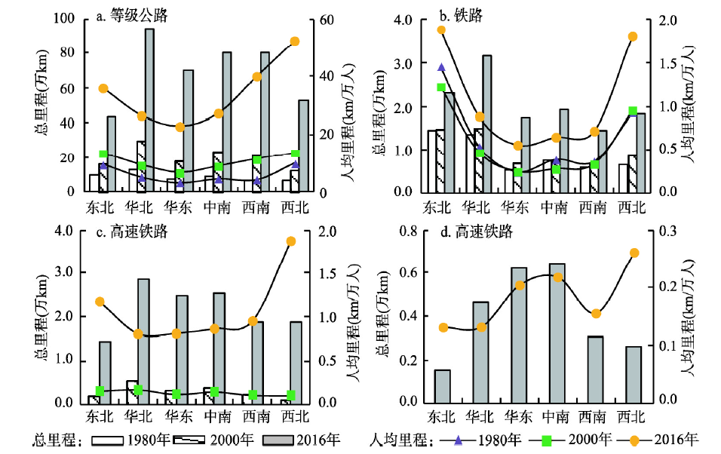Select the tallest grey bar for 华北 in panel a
[149, 110]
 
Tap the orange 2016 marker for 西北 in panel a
[295, 41]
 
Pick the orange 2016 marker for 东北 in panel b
[441, 30]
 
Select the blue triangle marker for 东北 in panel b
[441, 68]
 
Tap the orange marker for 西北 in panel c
[291, 241]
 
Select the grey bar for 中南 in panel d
[557, 333]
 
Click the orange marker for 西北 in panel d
[634, 253]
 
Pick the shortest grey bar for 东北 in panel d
[441, 385]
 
